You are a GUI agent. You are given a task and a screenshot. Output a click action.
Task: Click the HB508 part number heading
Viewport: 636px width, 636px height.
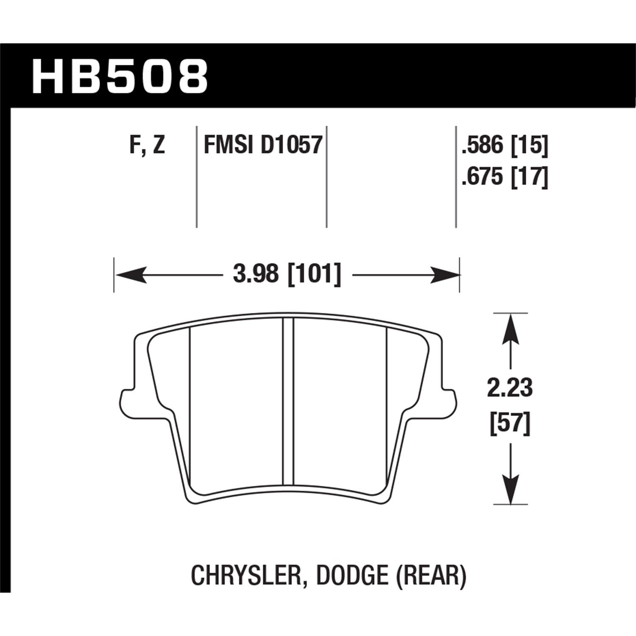point(120,77)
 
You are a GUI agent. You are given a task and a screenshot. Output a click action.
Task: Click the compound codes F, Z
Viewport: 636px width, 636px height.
point(146,146)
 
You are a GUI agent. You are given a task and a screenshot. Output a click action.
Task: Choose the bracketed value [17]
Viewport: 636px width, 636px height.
point(530,176)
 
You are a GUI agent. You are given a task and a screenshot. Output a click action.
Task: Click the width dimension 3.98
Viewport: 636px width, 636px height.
point(256,275)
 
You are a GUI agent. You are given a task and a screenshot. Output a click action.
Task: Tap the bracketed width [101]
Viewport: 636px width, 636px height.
point(314,275)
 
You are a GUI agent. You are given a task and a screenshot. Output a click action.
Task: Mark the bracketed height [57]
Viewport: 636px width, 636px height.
point(510,424)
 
